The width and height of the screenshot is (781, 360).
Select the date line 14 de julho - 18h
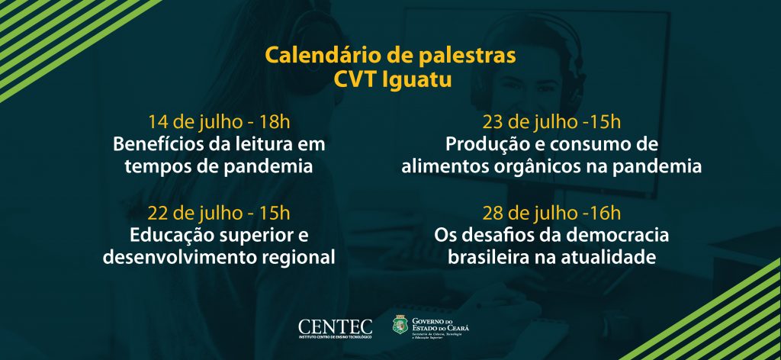click(x=219, y=121)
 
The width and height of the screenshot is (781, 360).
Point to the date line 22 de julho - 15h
click(x=219, y=213)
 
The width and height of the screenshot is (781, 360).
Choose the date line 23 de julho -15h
click(x=551, y=121)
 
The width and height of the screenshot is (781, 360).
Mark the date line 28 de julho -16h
click(x=551, y=213)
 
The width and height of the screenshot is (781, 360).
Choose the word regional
click(x=299, y=259)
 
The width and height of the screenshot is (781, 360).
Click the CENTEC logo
click(x=336, y=329)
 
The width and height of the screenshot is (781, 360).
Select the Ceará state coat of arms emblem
click(x=400, y=325)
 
